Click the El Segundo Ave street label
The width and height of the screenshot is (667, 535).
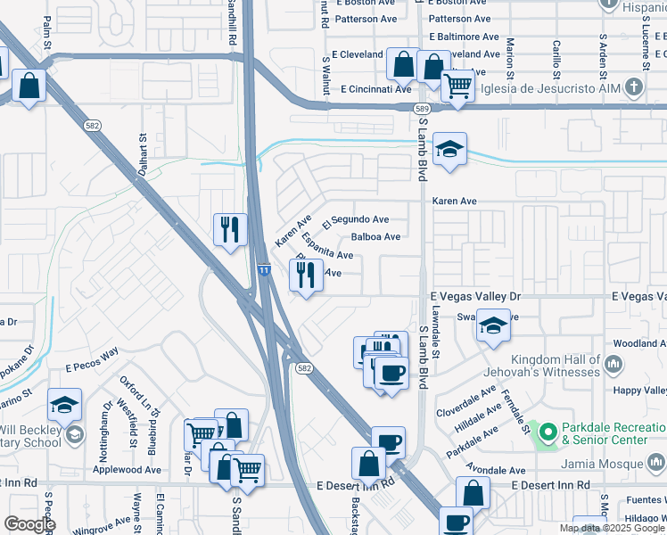tap(361, 219)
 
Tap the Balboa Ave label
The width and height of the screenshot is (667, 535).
tap(375, 237)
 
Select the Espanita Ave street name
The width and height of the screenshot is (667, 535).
tap(327, 249)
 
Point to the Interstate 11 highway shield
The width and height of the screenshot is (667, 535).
tap(264, 268)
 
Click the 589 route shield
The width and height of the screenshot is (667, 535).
tap(421, 107)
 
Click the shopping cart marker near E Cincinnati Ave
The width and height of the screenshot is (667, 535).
tap(457, 87)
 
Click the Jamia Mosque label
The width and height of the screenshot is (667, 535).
tap(603, 464)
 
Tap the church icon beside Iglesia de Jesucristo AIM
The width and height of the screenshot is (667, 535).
tap(634, 87)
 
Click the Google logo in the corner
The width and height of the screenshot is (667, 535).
tap(29, 524)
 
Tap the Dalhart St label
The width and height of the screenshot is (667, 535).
tap(142, 156)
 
